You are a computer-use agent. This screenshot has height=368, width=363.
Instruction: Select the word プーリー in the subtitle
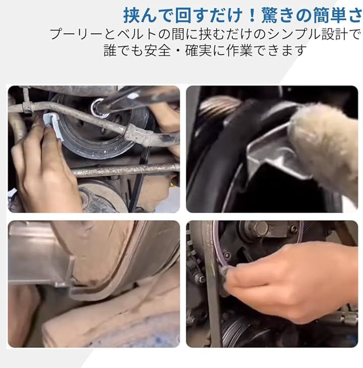pos(76,34)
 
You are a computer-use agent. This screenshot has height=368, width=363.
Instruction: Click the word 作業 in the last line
pos(239,50)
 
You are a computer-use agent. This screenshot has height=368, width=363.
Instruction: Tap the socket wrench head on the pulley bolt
pos(100,108)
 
